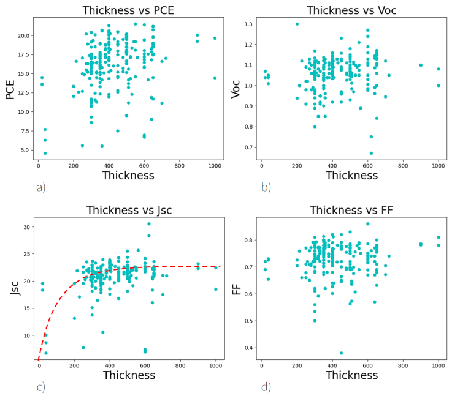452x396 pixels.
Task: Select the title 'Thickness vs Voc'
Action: (351, 10)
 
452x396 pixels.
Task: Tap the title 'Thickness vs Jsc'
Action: (129, 211)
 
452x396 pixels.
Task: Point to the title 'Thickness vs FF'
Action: (351, 211)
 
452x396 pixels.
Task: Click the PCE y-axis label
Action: (10, 89)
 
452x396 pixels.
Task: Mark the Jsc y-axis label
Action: (14, 288)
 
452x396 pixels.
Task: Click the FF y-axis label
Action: (236, 288)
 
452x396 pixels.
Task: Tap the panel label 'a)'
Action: (40, 187)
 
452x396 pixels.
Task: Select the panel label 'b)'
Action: (266, 187)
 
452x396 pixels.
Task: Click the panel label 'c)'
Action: (40, 387)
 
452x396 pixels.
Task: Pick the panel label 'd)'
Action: (266, 387)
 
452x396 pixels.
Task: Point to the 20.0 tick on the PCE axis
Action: (22, 35)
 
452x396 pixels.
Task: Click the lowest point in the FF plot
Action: (342, 353)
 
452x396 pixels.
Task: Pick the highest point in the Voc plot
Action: (297, 24)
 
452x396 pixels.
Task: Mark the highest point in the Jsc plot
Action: (148, 224)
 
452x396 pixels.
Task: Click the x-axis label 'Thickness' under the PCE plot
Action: (128, 176)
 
